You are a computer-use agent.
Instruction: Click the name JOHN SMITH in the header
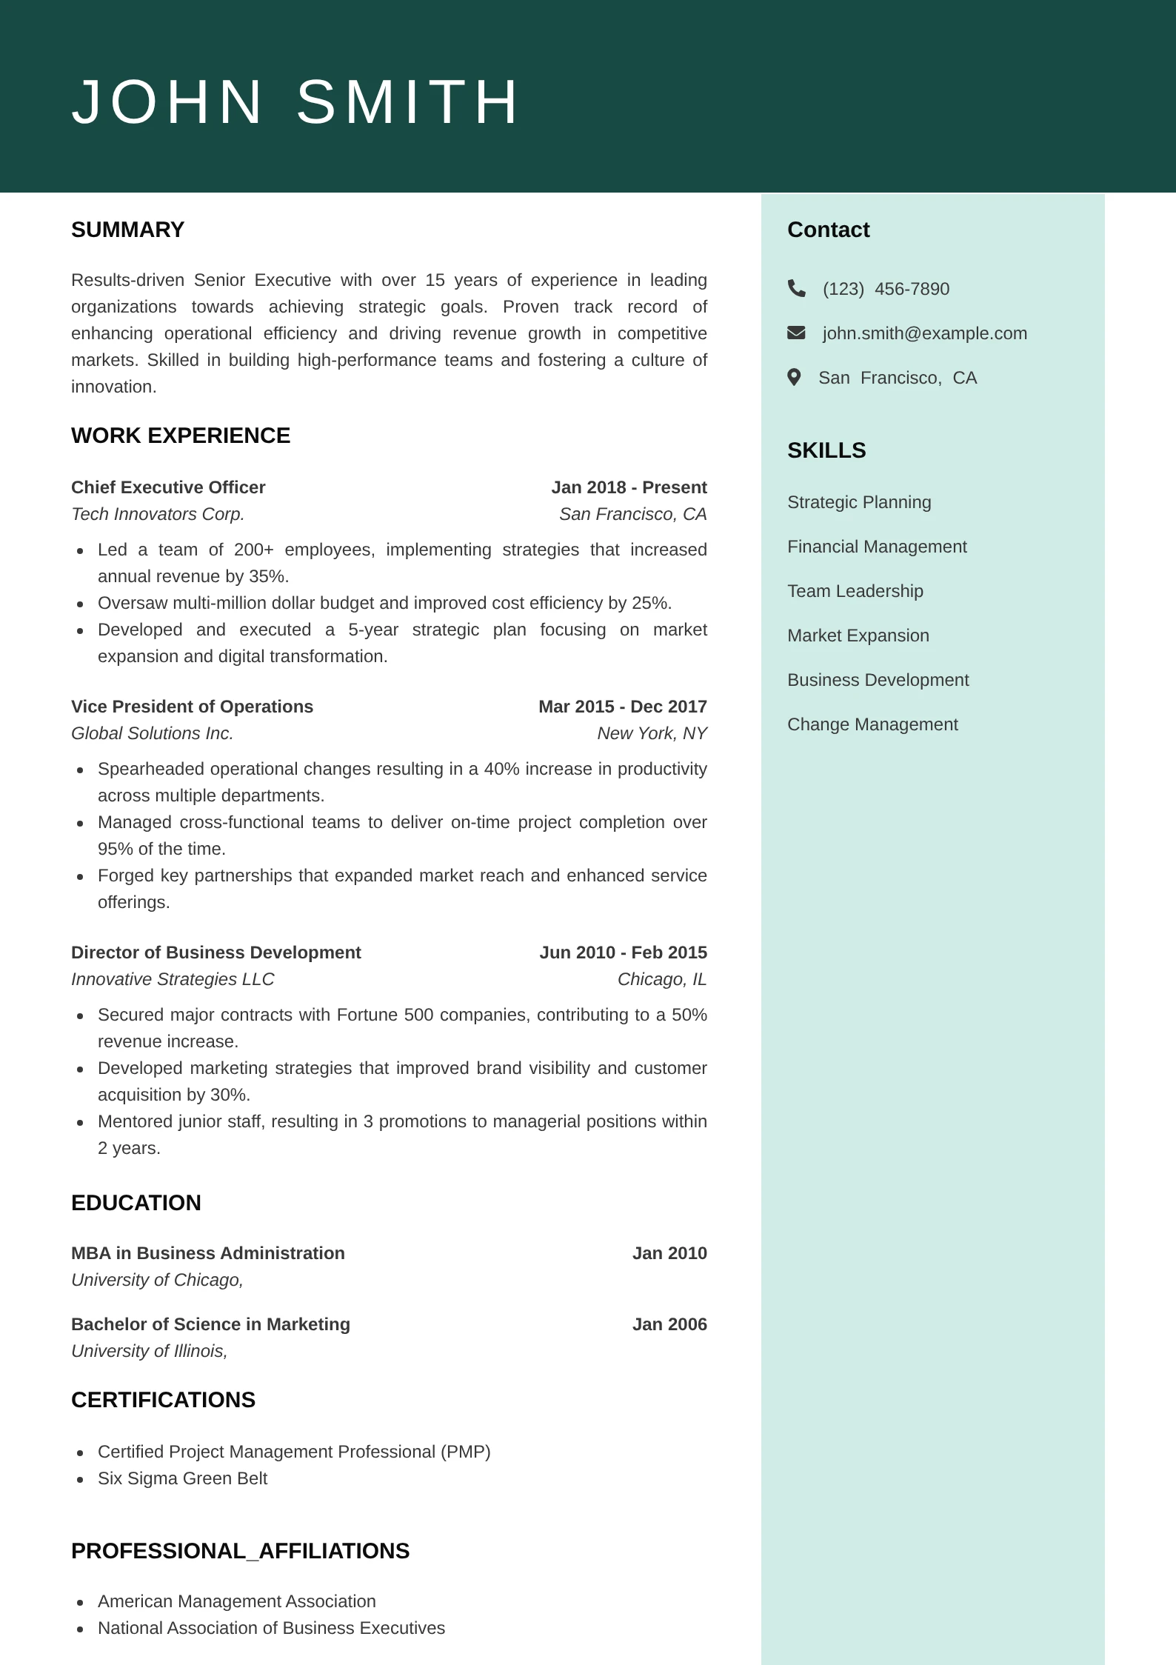point(295,102)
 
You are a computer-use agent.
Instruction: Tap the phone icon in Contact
point(796,288)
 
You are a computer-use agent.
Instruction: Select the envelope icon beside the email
point(796,333)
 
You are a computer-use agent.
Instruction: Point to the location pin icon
point(794,378)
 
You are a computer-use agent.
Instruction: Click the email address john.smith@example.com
point(924,333)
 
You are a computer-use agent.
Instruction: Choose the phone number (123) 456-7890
point(886,289)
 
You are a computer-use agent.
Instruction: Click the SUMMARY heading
point(127,230)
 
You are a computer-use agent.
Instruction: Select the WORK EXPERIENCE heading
point(181,436)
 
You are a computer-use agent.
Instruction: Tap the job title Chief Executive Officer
point(168,487)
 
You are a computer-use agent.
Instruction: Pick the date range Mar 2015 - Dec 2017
point(622,707)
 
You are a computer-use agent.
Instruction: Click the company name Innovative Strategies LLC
point(173,979)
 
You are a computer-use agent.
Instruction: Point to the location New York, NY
point(652,733)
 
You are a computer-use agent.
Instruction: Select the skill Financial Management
point(877,547)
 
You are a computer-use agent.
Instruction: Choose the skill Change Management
point(872,724)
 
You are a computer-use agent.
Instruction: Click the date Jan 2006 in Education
point(669,1324)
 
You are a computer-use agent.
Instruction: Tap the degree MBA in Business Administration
point(208,1253)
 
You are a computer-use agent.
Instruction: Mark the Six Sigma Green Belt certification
point(182,1478)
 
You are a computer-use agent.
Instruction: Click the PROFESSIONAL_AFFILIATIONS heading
point(240,1551)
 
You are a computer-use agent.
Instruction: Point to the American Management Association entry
point(237,1601)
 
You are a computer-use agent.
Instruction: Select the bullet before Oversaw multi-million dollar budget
point(80,604)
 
